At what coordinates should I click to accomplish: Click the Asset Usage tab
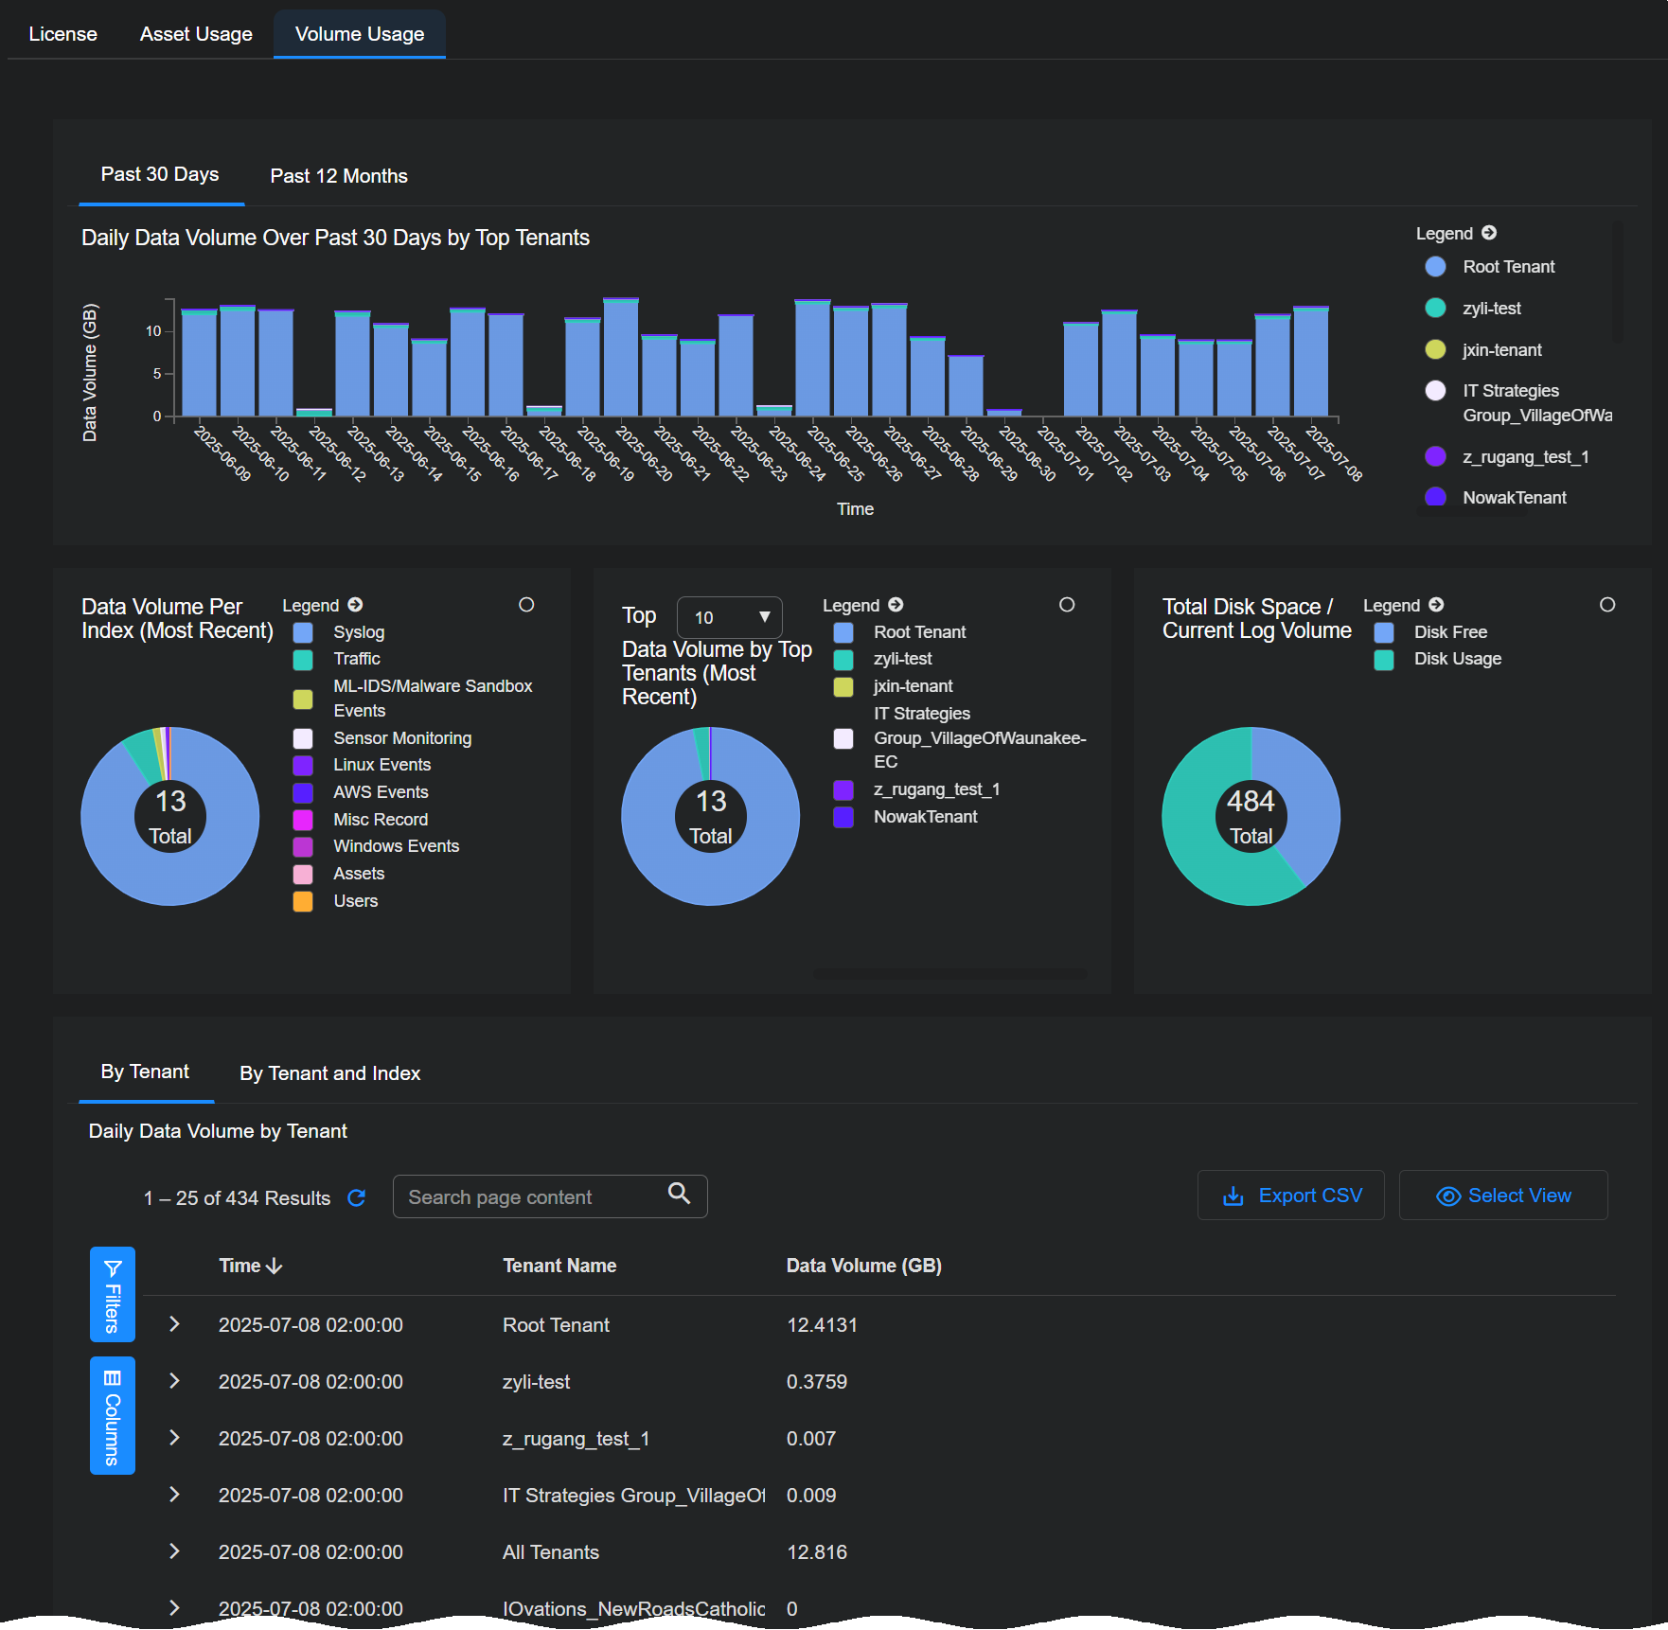[196, 34]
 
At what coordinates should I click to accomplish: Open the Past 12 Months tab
[339, 176]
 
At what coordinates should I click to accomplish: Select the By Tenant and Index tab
[329, 1073]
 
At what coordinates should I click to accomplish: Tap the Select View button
[1502, 1196]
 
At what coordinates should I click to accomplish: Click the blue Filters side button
[112, 1294]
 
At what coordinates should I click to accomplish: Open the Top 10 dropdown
[730, 618]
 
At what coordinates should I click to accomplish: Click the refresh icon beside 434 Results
[357, 1198]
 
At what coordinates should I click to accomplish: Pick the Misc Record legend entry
[380, 820]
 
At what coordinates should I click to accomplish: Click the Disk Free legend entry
[1449, 632]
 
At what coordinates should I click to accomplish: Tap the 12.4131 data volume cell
[822, 1325]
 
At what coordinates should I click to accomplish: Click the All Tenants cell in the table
[551, 1552]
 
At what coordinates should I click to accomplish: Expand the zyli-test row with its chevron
[174, 1381]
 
